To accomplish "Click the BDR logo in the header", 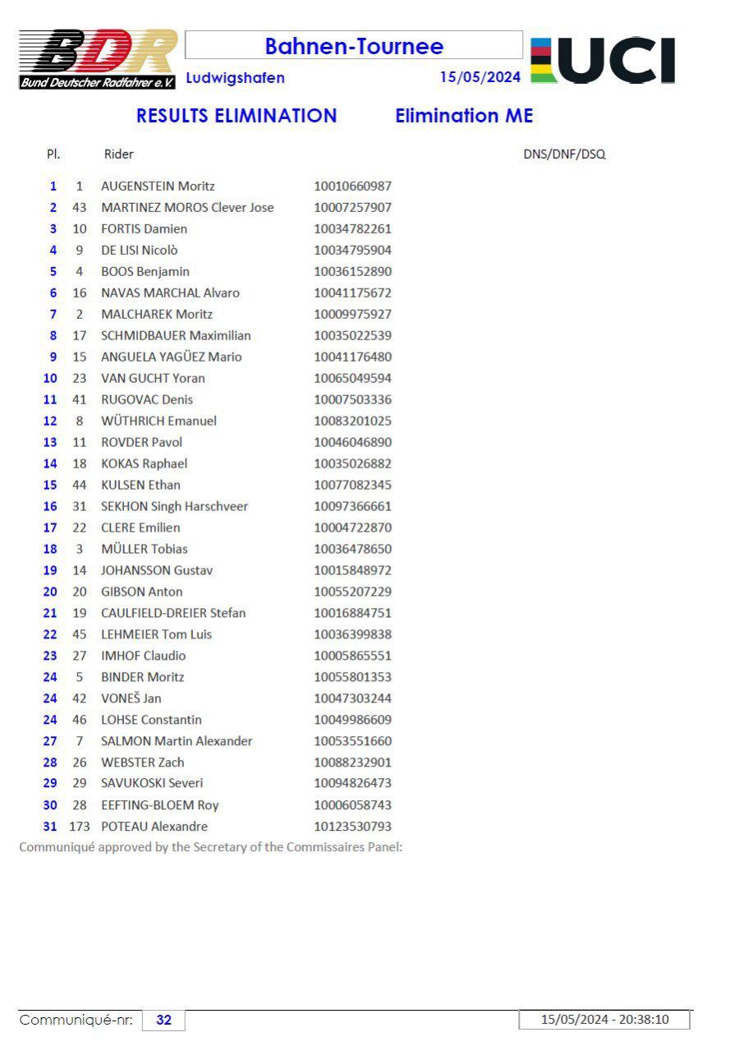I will point(98,59).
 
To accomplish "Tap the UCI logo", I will point(604,60).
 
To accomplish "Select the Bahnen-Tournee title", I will point(354,46).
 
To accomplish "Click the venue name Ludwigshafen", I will point(236,78).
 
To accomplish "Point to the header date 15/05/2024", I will point(480,77).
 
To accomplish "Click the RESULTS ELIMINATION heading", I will point(236,116).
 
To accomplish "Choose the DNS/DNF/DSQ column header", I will point(564,154).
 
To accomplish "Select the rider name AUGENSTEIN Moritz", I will point(158,187).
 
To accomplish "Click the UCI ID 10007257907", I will point(352,208).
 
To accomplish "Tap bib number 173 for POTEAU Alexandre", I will point(79,827).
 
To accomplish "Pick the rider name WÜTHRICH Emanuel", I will point(158,421).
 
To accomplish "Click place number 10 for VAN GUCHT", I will point(50,378).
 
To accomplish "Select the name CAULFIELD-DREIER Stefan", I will point(173,613).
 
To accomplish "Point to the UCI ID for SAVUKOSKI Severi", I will point(352,783).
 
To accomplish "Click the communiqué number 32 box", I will point(164,1020).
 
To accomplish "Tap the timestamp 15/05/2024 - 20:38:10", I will point(604,1020).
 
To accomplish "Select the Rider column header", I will point(118,154).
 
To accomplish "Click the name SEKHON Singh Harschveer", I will point(174,506).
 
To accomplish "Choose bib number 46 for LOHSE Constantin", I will point(80,720).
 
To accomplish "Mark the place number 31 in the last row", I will point(50,827).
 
